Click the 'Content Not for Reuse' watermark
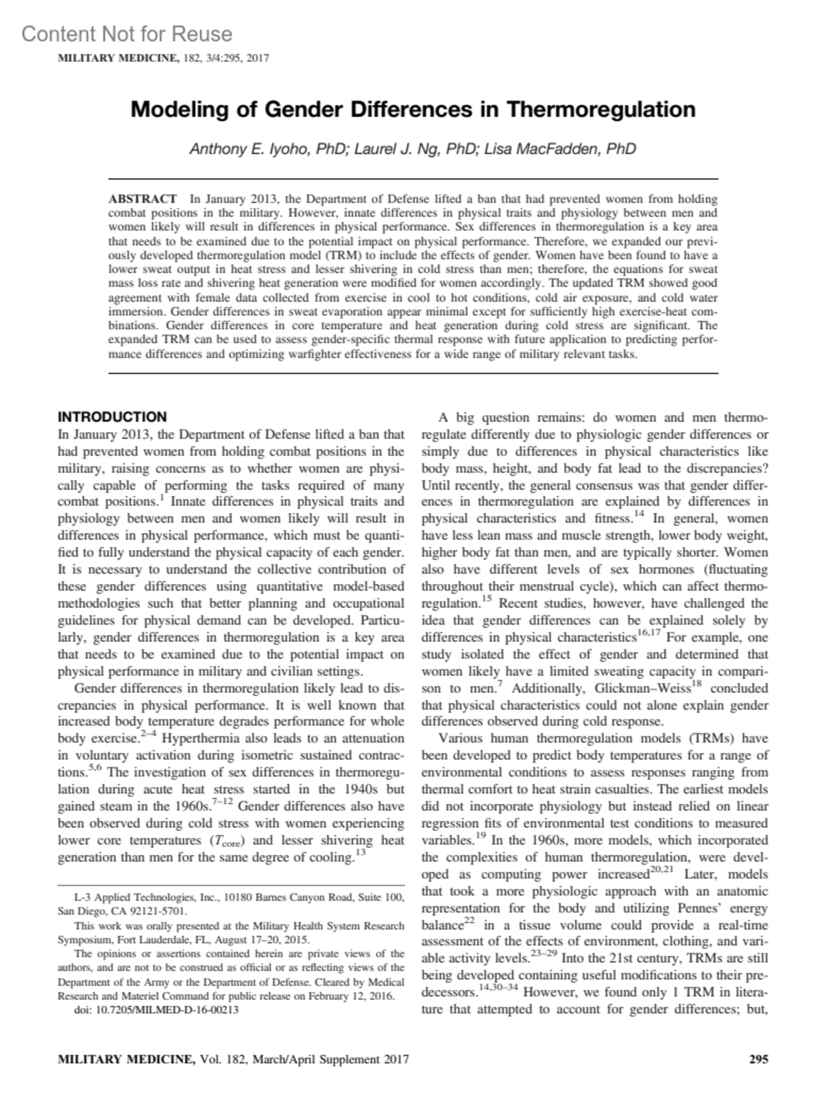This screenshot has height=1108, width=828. click(127, 34)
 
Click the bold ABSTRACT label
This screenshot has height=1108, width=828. click(142, 199)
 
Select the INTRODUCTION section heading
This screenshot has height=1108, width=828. click(112, 416)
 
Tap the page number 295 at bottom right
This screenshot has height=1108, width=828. click(758, 1060)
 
